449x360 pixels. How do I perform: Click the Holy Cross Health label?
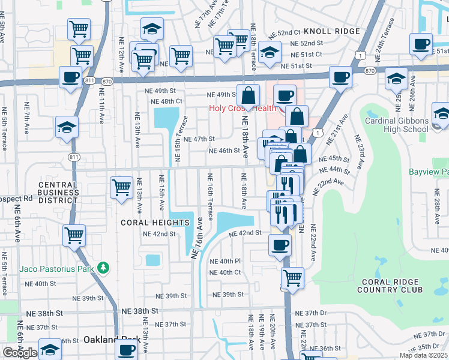pos(242,109)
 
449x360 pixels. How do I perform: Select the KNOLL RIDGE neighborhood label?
pos(332,31)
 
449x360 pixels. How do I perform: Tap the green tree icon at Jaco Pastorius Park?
pos(104,268)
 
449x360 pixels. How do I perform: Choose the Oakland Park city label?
pos(107,340)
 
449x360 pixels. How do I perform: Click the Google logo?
pos(20,353)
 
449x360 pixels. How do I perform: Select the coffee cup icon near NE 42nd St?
pos(280,245)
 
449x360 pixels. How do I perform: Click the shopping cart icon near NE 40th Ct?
pos(293,277)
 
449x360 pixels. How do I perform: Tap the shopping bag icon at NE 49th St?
pos(248,95)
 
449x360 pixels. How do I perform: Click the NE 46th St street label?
pos(224,151)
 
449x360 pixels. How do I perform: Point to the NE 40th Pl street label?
pos(224,261)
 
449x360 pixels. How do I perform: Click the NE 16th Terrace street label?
pos(210,197)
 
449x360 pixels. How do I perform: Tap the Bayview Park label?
pos(429,172)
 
